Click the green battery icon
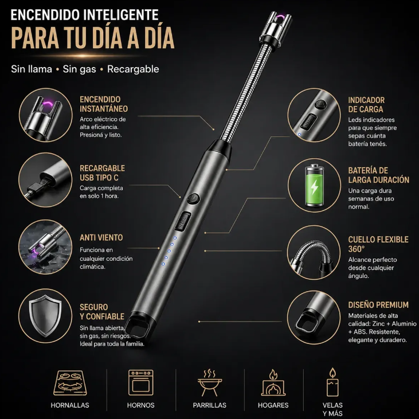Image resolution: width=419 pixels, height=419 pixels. coord(314,186)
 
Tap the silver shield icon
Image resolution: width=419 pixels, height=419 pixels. coord(45,316)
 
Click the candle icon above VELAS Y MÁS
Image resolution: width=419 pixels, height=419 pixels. coord(332,382)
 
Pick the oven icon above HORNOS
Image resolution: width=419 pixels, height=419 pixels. coord(141,383)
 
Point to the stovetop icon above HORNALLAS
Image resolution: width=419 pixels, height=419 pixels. coord(71,383)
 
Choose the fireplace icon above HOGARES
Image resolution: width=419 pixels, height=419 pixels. coord(273,383)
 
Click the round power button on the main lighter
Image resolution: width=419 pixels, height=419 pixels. coord(193,199)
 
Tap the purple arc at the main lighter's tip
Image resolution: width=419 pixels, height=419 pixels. coord(280,18)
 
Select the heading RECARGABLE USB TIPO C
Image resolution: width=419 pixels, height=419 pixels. coord(103,173)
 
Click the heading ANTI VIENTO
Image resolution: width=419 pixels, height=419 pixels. coord(101,237)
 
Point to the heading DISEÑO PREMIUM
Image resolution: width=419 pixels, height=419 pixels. coord(378,305)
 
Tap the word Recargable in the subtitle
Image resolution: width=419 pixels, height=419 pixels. coord(133,69)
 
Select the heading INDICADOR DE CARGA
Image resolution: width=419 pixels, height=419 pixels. coord(366,105)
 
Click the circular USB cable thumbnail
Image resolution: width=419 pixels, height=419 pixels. coord(45,179)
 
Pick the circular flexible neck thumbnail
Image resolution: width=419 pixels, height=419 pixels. coord(314,253)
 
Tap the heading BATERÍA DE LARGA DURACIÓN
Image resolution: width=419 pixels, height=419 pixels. coord(379,175)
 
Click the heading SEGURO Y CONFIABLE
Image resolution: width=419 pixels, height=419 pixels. coord(102,312)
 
